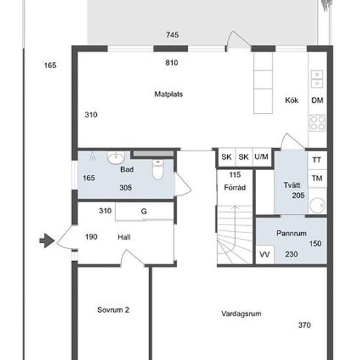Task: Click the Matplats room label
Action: [169, 94]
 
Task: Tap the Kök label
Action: [291, 100]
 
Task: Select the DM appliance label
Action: [317, 100]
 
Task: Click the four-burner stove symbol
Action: [317, 123]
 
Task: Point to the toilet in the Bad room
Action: [158, 170]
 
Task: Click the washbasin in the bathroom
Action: [116, 157]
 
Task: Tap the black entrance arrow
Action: [47, 241]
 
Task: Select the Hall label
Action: [124, 237]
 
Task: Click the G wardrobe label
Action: [144, 211]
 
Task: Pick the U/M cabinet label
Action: [261, 157]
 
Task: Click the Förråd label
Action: [234, 187]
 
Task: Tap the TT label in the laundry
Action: [317, 160]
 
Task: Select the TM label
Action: [317, 178]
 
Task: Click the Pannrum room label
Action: [291, 233]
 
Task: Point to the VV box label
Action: [264, 255]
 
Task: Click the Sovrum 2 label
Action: [113, 310]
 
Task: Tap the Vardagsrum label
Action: [242, 314]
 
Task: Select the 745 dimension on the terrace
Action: [172, 35]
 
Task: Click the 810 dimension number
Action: [171, 63]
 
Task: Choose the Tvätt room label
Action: [292, 185]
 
